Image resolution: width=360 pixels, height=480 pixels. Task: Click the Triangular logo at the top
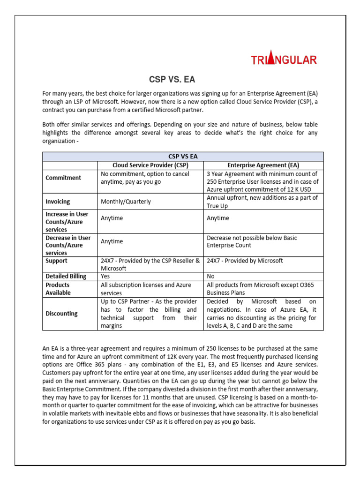(284, 60)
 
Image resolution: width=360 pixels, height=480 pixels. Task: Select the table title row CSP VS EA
(182, 157)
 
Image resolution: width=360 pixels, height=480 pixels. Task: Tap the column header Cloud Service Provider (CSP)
(150, 165)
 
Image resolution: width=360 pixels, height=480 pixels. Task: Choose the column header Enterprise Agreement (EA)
(263, 165)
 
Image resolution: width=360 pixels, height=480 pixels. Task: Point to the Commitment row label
(63, 178)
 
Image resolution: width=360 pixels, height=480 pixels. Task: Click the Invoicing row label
(58, 202)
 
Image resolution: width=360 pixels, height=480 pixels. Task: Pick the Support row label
(56, 261)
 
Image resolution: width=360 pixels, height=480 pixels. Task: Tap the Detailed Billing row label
(66, 276)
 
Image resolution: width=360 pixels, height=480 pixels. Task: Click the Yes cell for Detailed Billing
(106, 276)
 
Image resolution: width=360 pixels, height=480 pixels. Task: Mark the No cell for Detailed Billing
(210, 276)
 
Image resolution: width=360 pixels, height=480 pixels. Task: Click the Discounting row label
(61, 313)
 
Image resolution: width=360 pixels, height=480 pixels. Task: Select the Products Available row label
(58, 289)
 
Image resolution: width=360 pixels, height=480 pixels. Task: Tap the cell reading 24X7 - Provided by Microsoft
(245, 261)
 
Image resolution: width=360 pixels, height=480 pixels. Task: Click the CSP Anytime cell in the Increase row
(112, 218)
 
